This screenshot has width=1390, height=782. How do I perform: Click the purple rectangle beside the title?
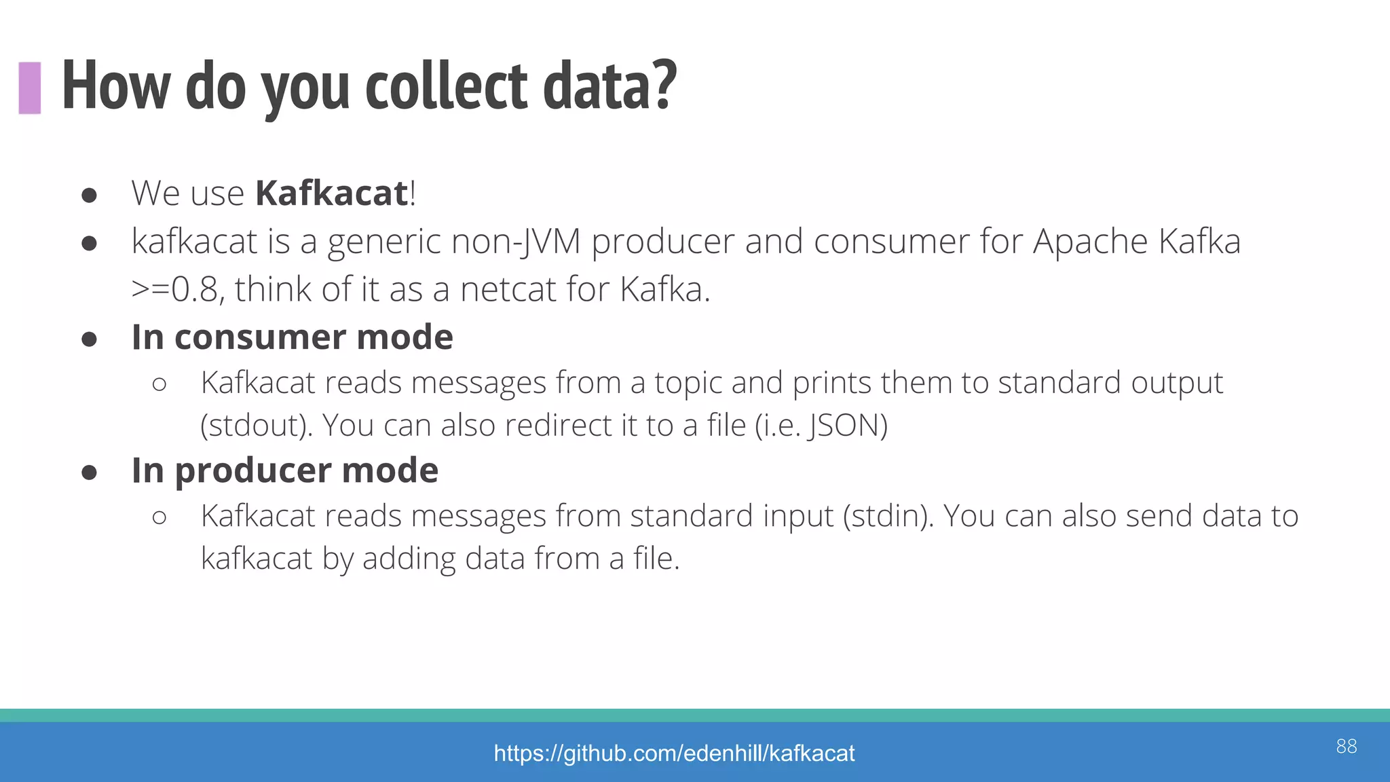click(x=30, y=88)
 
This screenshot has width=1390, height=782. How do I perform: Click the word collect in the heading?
click(x=446, y=86)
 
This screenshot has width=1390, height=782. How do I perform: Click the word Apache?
click(x=1090, y=242)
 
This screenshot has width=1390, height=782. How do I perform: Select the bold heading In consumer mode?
click(x=292, y=337)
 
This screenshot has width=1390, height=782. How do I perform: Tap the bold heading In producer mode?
click(x=285, y=470)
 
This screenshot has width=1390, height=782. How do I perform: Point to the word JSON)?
click(x=847, y=426)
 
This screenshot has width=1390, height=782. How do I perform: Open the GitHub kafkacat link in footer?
click(x=674, y=753)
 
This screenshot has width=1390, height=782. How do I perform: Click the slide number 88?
click(x=1346, y=746)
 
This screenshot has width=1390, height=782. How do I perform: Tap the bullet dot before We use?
click(x=89, y=195)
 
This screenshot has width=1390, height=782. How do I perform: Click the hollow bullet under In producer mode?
click(x=159, y=518)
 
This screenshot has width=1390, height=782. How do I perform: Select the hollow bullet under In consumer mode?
click(x=159, y=385)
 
